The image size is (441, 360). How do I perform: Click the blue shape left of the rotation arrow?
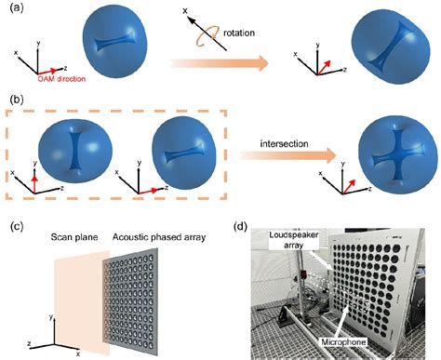coord(122,45)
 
